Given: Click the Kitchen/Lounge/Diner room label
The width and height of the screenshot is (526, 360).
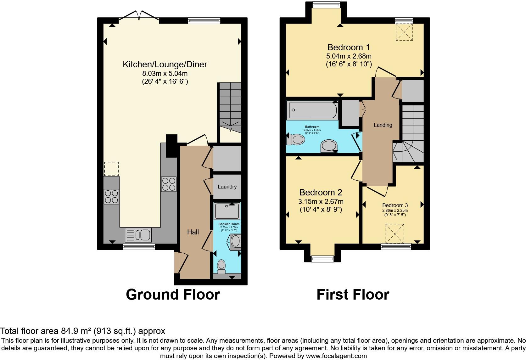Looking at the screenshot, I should coord(165,65).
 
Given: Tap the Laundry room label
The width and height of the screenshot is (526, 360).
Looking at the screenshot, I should coord(227,187).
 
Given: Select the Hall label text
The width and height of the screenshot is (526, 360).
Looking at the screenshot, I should coord(193,232).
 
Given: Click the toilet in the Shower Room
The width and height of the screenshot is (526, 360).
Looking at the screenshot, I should coord(222,266).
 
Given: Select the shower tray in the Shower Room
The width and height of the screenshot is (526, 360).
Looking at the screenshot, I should coord(227,211).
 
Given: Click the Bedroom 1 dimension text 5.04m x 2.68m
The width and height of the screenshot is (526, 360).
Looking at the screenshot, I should coord(349,56).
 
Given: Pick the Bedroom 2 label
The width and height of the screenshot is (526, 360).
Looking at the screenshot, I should coord(321,192).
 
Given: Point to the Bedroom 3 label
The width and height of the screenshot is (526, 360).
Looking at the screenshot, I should coord(395,205).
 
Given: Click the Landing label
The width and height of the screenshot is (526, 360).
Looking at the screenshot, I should coord(383,125).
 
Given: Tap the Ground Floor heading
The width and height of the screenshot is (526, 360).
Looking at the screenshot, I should coord(173,295).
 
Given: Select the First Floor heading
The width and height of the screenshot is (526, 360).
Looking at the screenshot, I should coord(353,295).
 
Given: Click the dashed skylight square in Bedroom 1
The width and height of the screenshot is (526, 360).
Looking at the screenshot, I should coord(404,32).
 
